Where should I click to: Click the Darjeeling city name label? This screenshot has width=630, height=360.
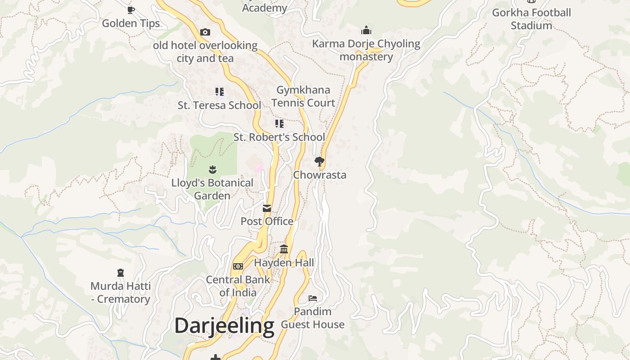[x=224, y=326]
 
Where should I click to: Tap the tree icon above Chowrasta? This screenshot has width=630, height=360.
[x=319, y=161]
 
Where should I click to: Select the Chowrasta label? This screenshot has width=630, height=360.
[x=319, y=175]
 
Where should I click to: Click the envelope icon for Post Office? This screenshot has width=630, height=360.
[x=267, y=208]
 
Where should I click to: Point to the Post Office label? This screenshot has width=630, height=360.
[x=267, y=221]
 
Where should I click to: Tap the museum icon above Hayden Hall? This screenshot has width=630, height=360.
[x=284, y=249]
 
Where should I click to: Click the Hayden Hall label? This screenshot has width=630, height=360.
[x=284, y=262]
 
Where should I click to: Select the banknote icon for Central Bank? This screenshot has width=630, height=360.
[x=238, y=266]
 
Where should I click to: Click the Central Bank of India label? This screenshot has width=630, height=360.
[x=238, y=286]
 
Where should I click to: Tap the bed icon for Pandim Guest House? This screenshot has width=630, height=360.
[x=313, y=298]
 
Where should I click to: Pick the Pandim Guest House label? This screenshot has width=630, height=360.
[x=313, y=318]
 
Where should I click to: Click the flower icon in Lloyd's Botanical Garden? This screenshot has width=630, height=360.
[x=212, y=170]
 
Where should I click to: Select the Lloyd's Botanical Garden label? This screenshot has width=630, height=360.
[x=212, y=189]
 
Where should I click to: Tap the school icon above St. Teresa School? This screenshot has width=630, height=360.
[x=220, y=92]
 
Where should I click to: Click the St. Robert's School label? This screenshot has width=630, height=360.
[x=279, y=137]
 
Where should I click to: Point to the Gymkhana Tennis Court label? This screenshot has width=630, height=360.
[x=303, y=96]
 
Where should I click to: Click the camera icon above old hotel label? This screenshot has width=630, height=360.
[x=205, y=32]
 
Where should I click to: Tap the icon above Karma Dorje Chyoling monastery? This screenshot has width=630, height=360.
[x=366, y=30]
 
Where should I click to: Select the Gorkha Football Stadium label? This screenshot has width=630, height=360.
[x=531, y=19]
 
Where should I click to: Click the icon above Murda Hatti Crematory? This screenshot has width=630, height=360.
[x=120, y=273]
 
